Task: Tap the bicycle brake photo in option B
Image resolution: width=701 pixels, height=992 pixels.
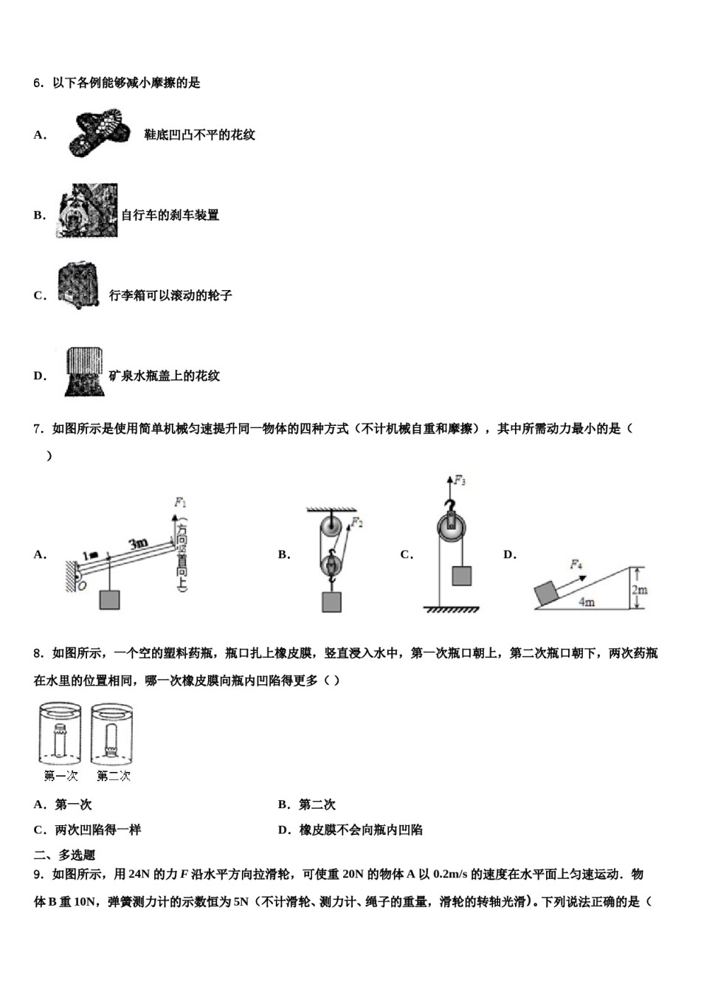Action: pos(87,211)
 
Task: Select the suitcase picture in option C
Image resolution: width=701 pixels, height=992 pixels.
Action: pos(78,286)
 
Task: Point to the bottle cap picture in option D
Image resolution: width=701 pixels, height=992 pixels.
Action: pos(83,371)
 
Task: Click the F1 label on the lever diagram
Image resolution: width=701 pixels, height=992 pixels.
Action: pos(180,503)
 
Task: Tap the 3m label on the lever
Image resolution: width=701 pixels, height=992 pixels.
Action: pos(139,545)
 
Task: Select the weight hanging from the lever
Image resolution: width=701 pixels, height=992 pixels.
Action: pos(109,599)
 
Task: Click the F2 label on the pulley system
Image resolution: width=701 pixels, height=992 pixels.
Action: pos(356,523)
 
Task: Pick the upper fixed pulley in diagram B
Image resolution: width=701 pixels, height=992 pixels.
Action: pos(330,529)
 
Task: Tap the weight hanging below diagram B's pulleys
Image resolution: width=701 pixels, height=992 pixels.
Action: pos(331,602)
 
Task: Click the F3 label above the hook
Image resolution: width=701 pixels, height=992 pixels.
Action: pos(459,480)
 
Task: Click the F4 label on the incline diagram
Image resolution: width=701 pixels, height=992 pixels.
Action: pos(576,565)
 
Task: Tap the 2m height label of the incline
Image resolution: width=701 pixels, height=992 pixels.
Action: pos(639,590)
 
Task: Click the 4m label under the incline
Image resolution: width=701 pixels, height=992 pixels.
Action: pos(587,602)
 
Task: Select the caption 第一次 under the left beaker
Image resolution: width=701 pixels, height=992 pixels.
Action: pos(61,776)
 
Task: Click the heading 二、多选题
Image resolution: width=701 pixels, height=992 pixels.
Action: pos(65,855)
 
